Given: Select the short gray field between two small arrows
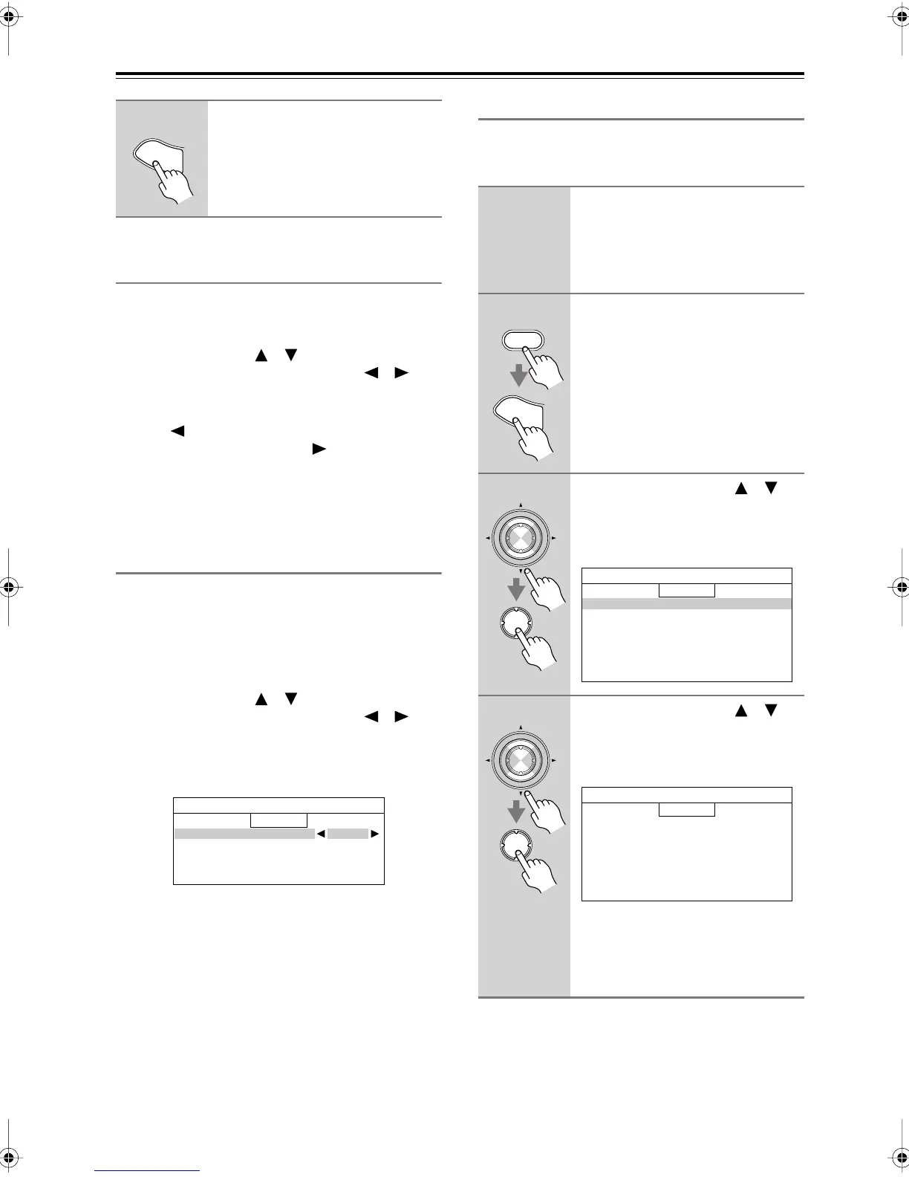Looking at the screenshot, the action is click(x=348, y=834).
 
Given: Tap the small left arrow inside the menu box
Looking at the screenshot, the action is click(x=321, y=834).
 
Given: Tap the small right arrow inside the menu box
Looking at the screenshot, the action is click(x=375, y=834).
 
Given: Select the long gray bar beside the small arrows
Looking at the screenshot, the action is click(x=244, y=834).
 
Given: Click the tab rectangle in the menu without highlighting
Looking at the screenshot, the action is click(x=686, y=809).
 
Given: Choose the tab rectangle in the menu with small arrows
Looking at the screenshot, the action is click(x=278, y=820).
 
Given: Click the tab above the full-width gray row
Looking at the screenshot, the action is click(x=686, y=591).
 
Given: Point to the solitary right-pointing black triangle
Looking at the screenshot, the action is click(x=319, y=449).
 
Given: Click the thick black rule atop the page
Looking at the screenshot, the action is click(x=460, y=74).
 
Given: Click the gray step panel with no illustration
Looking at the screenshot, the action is click(x=524, y=240).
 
